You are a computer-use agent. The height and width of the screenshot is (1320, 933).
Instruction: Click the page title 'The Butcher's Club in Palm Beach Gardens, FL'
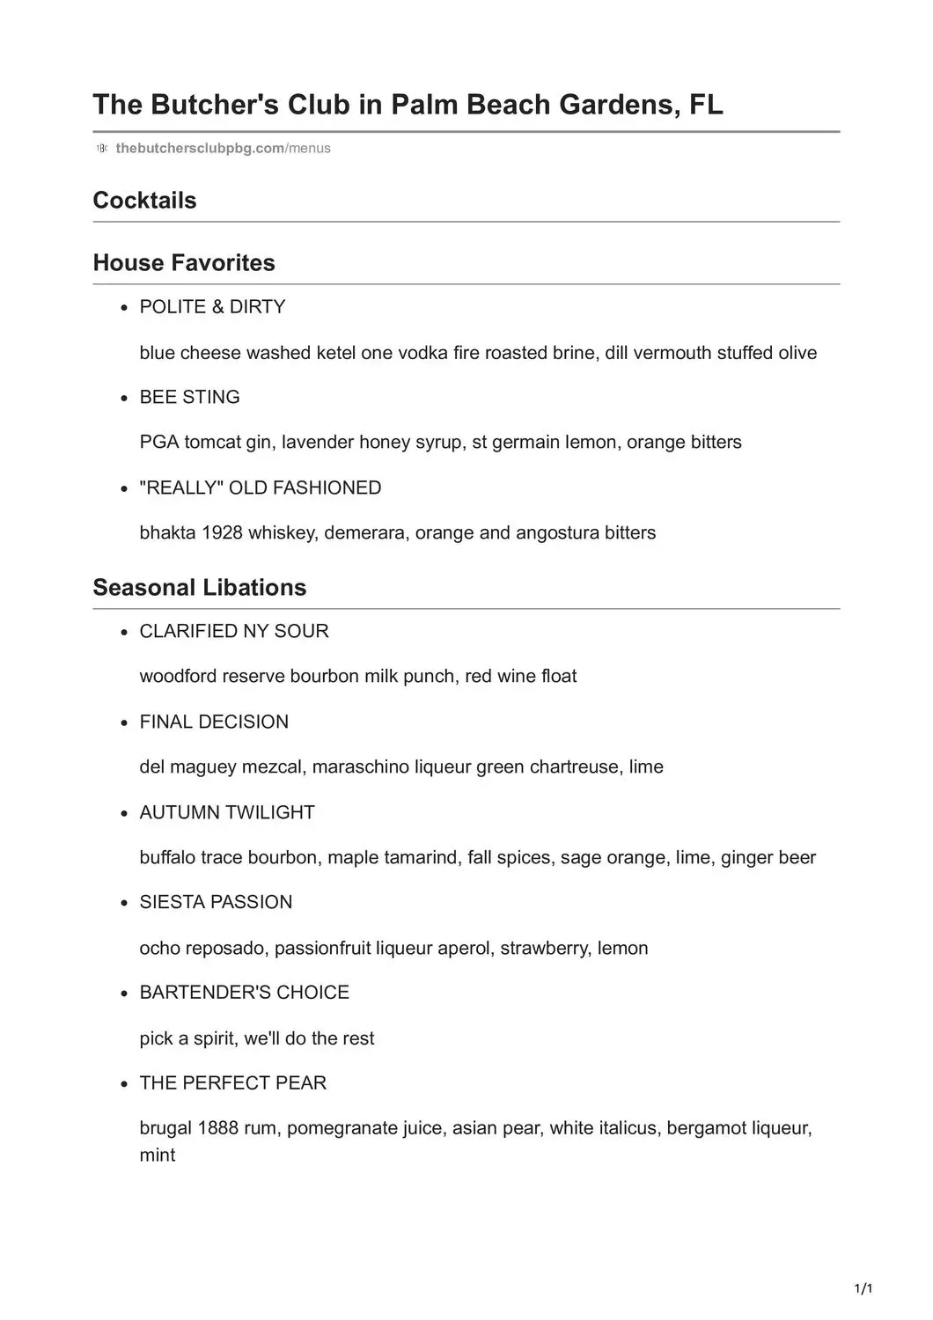click(x=408, y=105)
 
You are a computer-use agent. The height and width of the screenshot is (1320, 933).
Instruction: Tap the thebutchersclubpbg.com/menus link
click(x=223, y=148)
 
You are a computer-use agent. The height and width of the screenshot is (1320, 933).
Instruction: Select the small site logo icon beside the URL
click(x=101, y=148)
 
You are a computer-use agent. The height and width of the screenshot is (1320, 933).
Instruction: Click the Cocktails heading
click(x=144, y=200)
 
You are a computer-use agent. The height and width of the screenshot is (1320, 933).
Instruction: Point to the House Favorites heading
click(x=184, y=262)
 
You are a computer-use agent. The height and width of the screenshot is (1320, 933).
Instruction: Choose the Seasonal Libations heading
click(x=200, y=587)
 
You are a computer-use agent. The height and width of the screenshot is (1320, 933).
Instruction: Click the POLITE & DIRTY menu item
click(x=212, y=306)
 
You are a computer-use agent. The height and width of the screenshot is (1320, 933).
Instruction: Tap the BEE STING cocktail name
click(x=189, y=397)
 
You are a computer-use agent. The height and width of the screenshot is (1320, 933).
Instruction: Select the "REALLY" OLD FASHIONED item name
click(x=261, y=488)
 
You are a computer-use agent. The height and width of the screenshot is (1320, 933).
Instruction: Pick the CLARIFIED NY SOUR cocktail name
click(x=234, y=631)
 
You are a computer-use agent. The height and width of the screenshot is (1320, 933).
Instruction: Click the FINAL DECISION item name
click(x=214, y=722)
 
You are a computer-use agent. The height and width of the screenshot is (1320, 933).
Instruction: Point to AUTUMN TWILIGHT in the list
click(x=227, y=812)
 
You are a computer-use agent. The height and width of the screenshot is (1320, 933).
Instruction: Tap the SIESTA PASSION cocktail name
click(x=216, y=902)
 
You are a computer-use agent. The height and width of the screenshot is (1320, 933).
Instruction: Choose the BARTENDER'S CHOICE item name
click(x=244, y=993)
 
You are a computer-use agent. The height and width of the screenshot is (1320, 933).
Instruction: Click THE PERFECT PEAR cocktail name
click(x=232, y=1082)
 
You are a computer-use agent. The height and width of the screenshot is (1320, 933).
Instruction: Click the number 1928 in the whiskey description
click(x=222, y=532)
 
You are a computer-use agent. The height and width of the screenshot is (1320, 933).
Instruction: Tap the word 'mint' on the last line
click(x=158, y=1155)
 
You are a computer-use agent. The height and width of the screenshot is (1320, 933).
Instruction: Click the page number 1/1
click(x=863, y=1290)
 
